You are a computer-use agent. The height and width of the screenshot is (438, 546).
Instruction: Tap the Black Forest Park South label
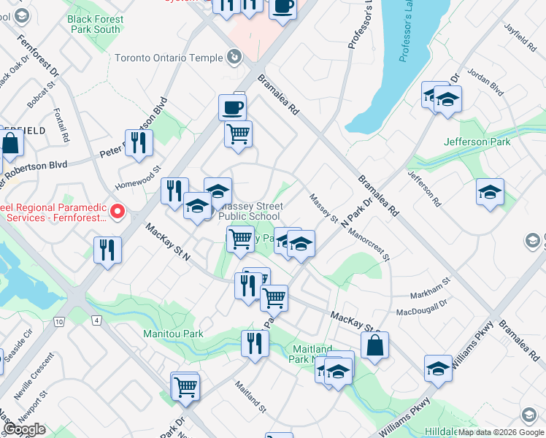pos(93,24)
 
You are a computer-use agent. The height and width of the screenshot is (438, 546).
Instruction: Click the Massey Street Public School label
pos(250,212)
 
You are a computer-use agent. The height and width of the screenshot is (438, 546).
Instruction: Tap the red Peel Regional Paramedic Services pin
pos(117,213)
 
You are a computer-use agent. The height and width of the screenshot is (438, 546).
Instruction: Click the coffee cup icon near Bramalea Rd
pos(232,107)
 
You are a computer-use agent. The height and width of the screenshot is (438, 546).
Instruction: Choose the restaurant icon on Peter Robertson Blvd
pos(138,142)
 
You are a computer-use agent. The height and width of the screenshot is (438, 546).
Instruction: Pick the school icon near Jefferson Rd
pos(490,192)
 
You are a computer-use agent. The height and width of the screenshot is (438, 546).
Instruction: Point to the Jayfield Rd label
pos(520,37)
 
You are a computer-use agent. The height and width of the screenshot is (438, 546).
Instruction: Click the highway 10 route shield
pos(59,321)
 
